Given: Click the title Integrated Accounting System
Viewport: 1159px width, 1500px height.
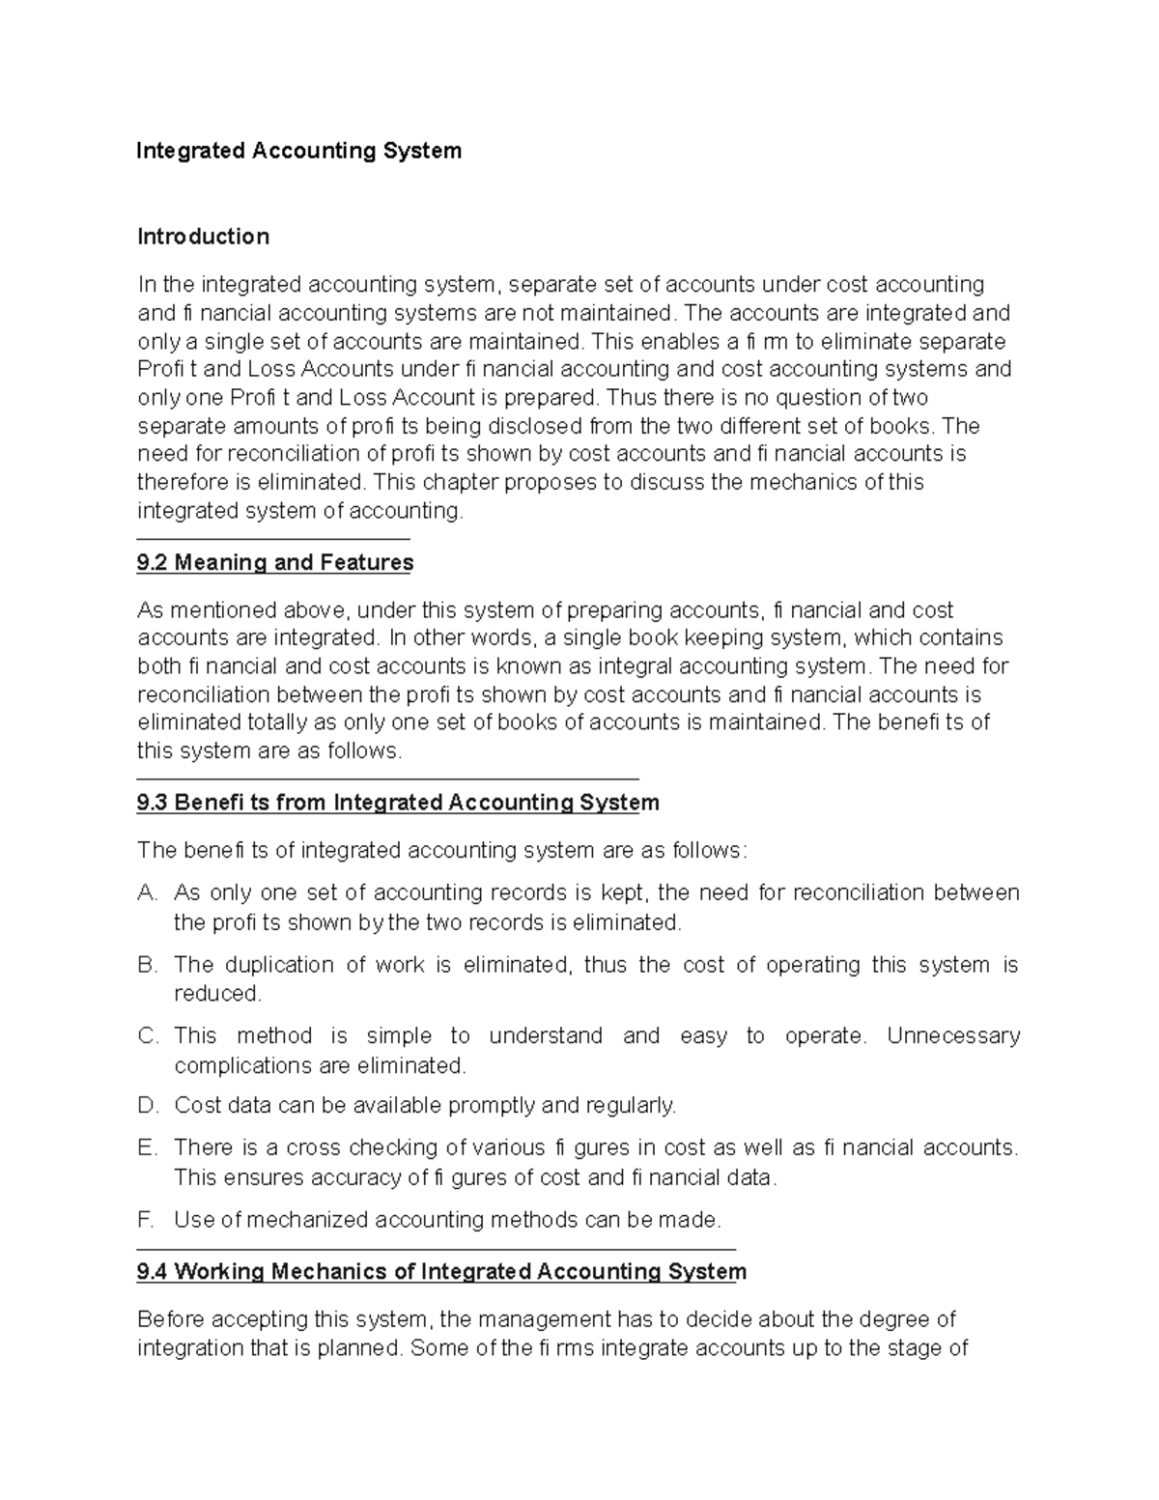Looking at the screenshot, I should [299, 151].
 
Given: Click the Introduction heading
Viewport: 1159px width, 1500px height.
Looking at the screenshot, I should [203, 237].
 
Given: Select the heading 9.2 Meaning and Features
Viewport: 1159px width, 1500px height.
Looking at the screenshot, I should [275, 562].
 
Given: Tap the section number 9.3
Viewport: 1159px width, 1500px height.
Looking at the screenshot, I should [153, 803].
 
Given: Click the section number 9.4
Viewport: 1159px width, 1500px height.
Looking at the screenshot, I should [153, 1272].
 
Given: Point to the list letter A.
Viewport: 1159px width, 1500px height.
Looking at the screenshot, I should [147, 893].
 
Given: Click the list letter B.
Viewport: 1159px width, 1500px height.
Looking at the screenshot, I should [147, 965].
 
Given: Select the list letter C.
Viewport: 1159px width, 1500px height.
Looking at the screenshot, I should [148, 1036].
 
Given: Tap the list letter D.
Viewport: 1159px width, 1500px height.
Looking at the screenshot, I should [147, 1106].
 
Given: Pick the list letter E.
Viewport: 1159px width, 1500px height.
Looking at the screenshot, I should [147, 1148].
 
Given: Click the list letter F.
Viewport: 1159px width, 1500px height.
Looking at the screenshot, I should [146, 1220].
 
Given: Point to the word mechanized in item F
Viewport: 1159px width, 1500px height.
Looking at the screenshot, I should [307, 1220].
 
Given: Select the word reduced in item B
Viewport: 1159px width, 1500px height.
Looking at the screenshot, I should [216, 994].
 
